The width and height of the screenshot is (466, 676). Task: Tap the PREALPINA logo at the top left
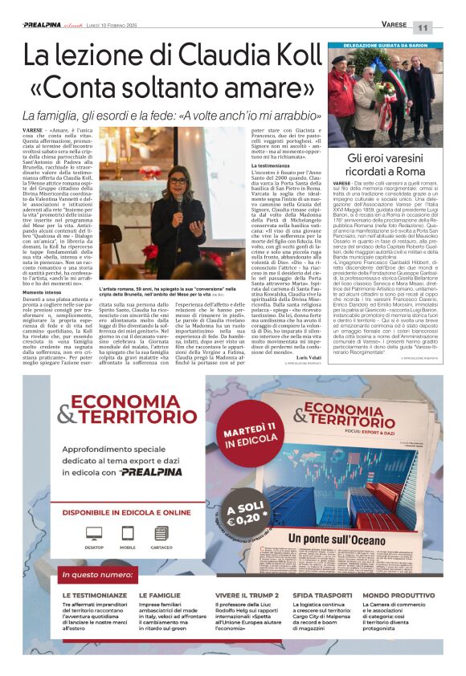pos(43,25)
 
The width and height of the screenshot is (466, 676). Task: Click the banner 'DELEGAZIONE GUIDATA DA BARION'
pos(384,46)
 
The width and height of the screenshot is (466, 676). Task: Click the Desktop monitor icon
pos(94,533)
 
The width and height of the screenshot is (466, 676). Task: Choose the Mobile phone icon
pos(127,533)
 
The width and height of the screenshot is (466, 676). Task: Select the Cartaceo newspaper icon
pos(161,533)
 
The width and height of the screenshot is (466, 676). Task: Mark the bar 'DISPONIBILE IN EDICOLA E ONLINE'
pos(127,511)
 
